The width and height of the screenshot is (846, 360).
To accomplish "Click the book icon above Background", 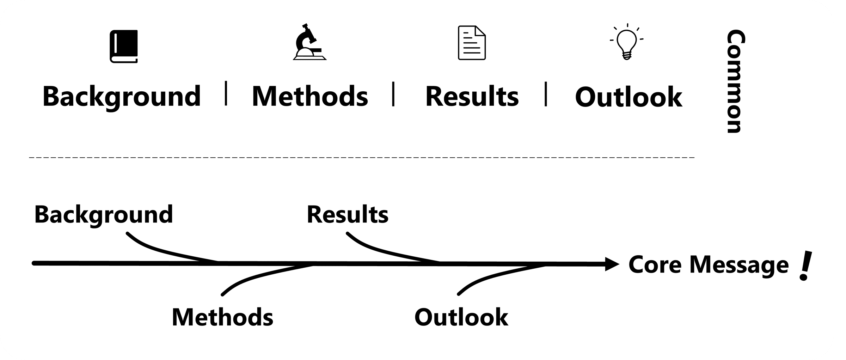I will [123, 47].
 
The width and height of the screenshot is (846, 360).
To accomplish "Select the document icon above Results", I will [472, 43].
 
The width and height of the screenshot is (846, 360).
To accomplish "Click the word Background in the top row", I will [122, 96].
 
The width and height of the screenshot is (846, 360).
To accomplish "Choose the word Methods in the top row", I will [310, 96].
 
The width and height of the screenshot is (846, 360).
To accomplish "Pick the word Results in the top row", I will [472, 96].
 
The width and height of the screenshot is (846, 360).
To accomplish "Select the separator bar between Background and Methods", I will [226, 93].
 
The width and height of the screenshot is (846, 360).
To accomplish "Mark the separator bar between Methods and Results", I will [393, 94].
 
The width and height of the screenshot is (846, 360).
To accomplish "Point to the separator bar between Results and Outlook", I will [546, 94].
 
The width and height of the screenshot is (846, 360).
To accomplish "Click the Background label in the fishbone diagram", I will [104, 215].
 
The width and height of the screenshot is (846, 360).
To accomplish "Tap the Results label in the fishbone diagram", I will [348, 214].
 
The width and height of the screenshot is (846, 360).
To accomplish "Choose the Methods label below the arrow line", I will [222, 317].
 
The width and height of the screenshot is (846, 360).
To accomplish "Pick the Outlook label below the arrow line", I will [461, 317].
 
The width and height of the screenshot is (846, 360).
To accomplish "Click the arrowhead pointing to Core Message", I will [612, 264].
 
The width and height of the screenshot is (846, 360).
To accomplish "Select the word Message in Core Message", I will [739, 265].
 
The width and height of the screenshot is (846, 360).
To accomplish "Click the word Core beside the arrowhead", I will [655, 265].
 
